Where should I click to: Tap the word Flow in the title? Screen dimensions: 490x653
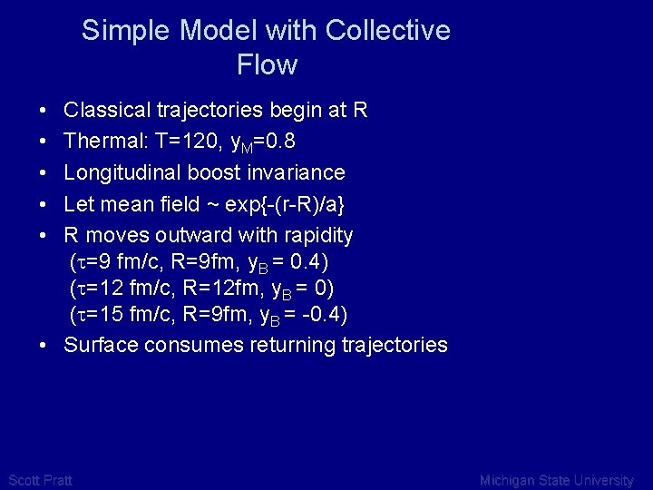[267, 65]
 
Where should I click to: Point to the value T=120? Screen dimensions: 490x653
[178, 142]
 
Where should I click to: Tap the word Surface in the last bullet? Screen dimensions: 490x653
[101, 345]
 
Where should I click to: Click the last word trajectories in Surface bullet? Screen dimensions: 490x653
[395, 345]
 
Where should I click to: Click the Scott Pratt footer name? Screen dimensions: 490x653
[39, 480]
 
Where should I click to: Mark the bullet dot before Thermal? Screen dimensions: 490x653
[44, 142]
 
